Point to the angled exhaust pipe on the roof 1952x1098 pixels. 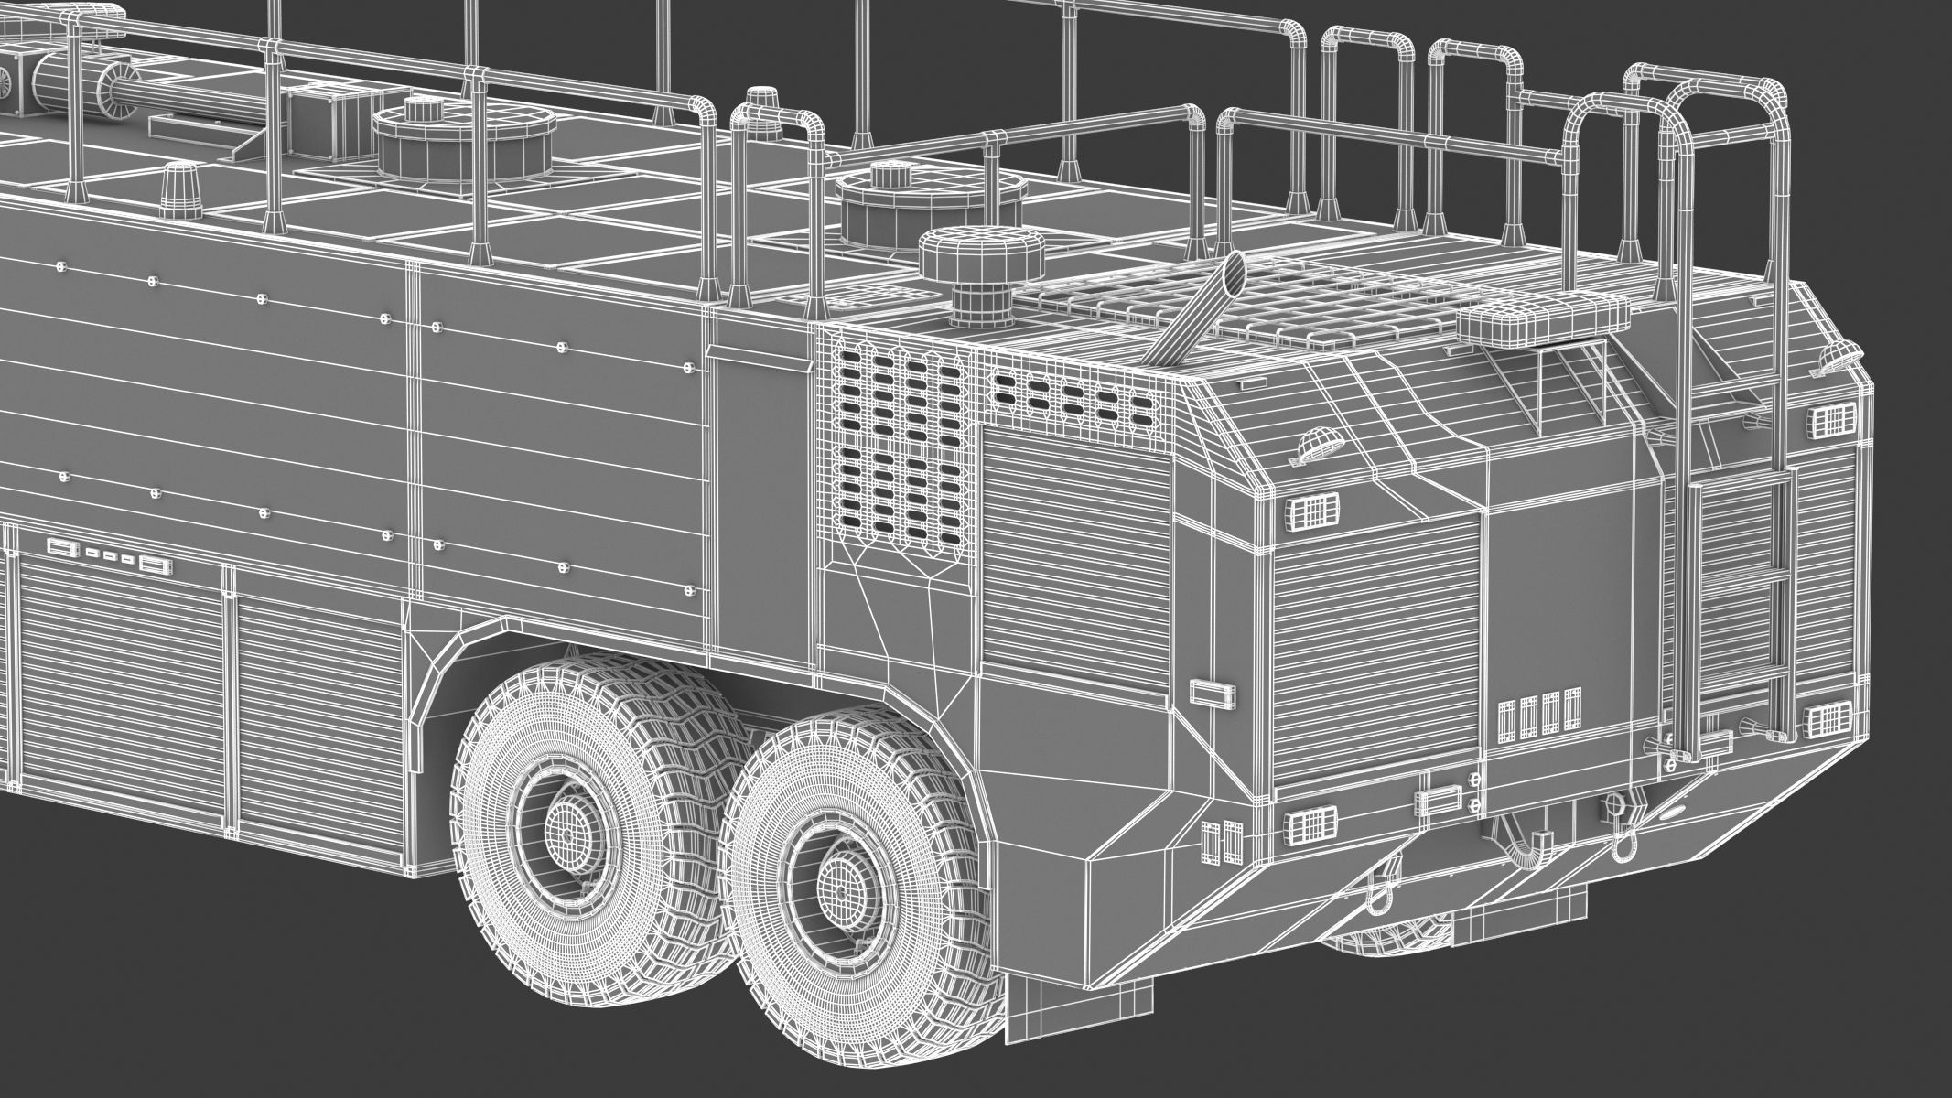(1200, 302)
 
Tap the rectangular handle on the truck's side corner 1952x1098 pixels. (1212, 692)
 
